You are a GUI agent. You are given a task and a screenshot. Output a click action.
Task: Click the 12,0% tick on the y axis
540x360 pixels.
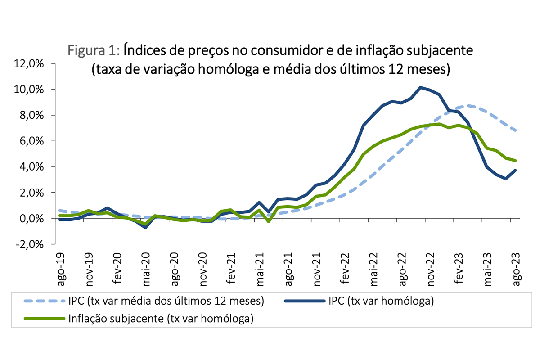click(30, 63)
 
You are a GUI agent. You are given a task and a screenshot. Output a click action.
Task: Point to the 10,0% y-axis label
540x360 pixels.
click(30, 89)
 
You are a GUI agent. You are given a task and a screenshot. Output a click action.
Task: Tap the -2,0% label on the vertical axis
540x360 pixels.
click(30, 244)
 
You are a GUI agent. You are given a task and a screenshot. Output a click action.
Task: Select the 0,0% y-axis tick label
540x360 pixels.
click(31, 218)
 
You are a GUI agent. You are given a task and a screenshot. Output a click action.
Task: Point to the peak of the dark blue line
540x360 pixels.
click(420, 87)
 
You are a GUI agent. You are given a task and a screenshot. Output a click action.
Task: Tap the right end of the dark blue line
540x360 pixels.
click(516, 170)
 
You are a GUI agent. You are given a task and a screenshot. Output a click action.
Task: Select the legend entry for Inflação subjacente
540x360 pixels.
click(161, 319)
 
